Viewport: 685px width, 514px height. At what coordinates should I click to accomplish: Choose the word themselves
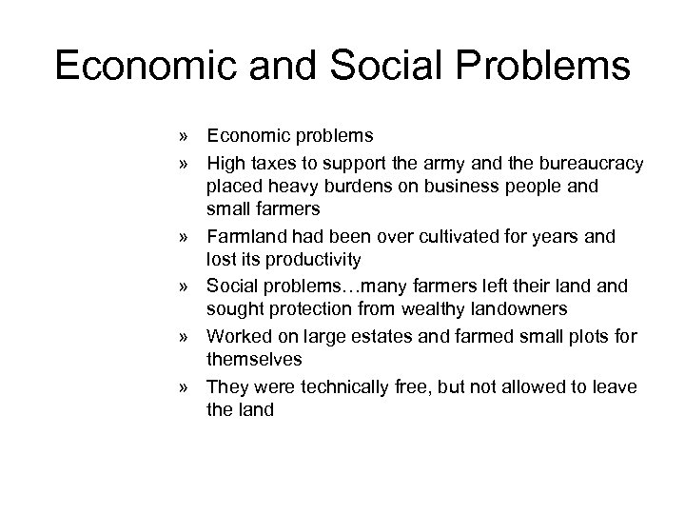click(254, 359)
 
